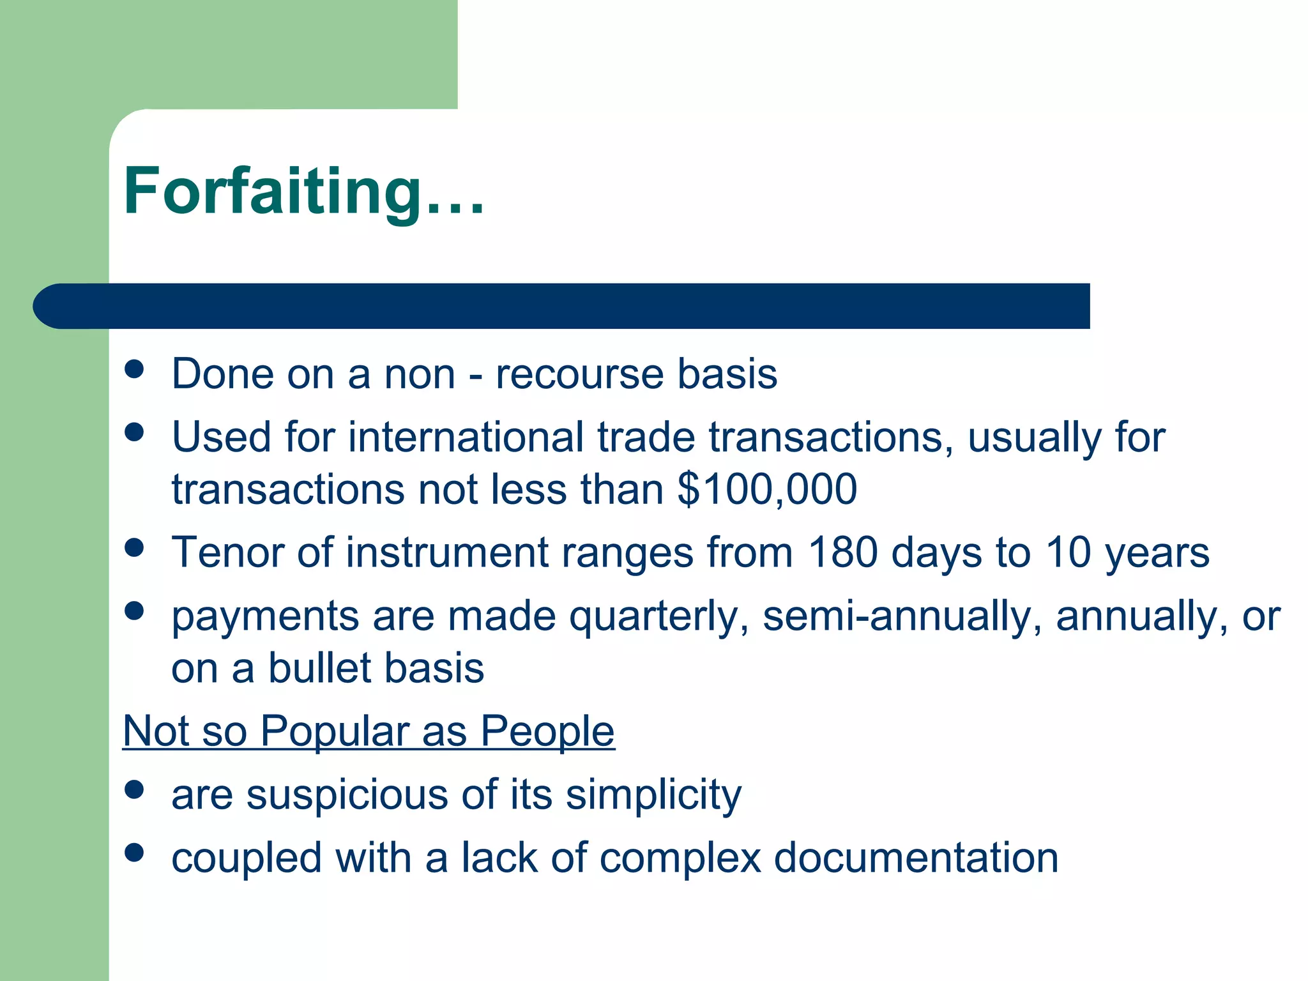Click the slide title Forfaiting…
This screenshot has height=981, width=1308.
(x=304, y=192)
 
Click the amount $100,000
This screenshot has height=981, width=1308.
(x=767, y=489)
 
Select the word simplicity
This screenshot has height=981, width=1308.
(x=653, y=795)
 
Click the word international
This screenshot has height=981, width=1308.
(x=466, y=437)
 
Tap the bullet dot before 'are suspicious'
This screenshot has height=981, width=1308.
(x=134, y=790)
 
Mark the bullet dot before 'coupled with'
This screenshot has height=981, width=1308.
(x=134, y=853)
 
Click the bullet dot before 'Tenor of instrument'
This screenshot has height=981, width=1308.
(x=134, y=547)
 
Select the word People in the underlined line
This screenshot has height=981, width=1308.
(x=547, y=731)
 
